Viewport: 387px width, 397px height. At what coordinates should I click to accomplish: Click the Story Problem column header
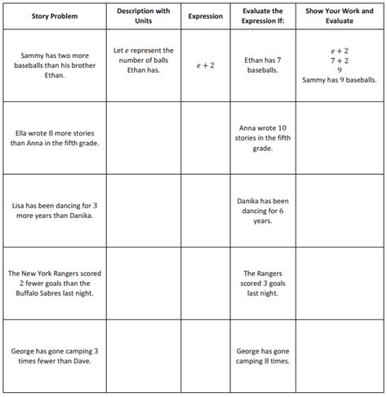[x=54, y=16]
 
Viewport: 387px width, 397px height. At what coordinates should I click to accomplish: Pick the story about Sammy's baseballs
[x=54, y=65]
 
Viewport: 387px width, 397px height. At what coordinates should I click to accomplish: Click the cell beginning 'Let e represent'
[x=144, y=60]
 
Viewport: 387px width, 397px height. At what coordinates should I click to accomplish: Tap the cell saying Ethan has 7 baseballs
[x=262, y=65]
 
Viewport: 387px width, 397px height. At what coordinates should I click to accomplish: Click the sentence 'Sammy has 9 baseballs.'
[x=339, y=80]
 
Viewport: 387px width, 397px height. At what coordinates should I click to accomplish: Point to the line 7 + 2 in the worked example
[x=339, y=60]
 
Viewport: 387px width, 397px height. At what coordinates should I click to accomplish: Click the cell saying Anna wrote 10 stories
[x=262, y=137]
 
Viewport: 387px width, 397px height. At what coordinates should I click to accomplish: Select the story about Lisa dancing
[x=54, y=210]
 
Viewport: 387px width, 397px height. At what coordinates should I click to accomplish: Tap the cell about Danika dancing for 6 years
[x=262, y=210]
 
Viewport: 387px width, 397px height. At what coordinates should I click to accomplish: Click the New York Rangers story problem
[x=54, y=283]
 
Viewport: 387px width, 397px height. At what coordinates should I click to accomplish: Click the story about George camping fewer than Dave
[x=54, y=355]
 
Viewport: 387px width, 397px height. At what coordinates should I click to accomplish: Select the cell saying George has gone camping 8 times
[x=262, y=355]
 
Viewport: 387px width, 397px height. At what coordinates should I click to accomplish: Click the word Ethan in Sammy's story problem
[x=55, y=75]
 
